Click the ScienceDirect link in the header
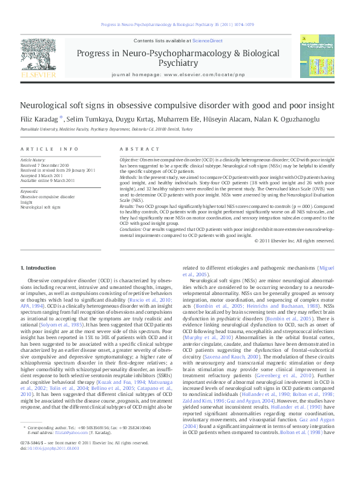[208, 41]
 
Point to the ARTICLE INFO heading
[50, 149]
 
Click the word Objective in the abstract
[129, 158]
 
